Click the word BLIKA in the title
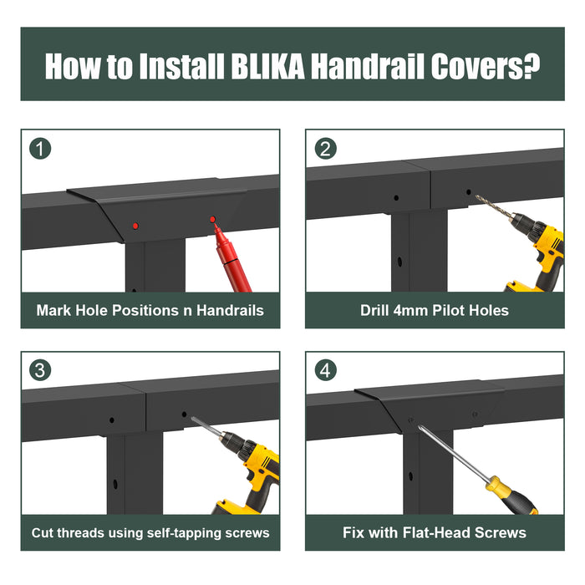(x=268, y=66)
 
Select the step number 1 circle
(x=40, y=149)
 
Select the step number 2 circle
(x=325, y=149)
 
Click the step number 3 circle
(x=40, y=370)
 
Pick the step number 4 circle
(x=325, y=370)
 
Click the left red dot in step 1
(x=135, y=226)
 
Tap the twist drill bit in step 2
(x=493, y=206)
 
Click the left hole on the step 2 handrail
(x=396, y=198)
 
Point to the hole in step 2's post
(x=399, y=262)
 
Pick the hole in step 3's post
(x=115, y=484)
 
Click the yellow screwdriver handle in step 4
(x=511, y=496)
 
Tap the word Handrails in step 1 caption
(x=230, y=310)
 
